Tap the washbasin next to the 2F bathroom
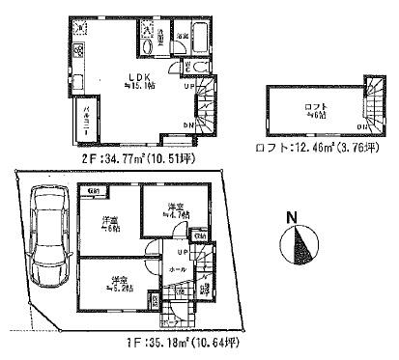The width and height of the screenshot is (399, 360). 147,46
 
